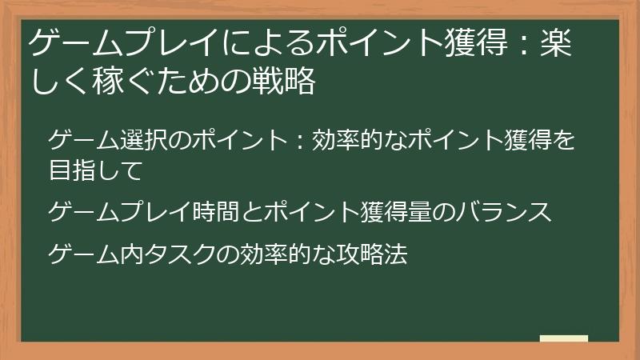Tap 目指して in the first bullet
95,170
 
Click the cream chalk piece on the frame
563,338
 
